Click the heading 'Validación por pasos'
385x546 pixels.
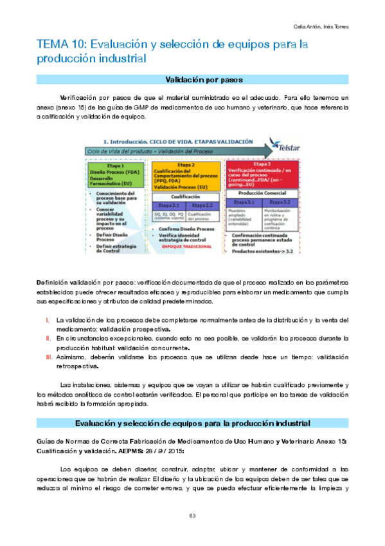coord(192,80)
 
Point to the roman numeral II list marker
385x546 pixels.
coord(47,337)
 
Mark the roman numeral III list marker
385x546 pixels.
coord(48,356)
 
